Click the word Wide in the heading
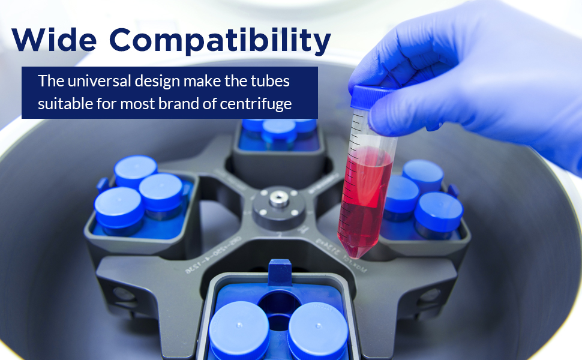[x=55, y=40]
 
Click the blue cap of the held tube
[x=371, y=97]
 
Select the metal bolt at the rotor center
[x=277, y=198]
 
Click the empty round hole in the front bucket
[x=277, y=307]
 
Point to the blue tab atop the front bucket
[x=280, y=271]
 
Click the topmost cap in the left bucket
[x=136, y=169]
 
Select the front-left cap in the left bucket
[x=119, y=207]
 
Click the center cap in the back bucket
[x=278, y=130]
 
